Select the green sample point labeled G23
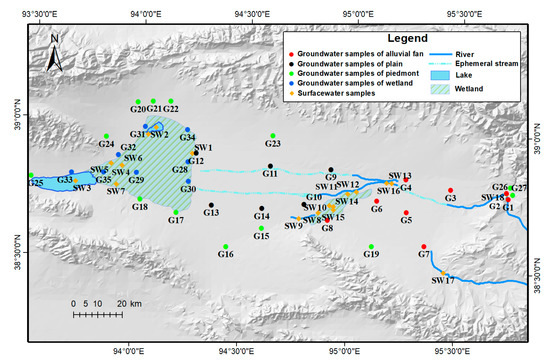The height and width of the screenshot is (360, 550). point(271,136)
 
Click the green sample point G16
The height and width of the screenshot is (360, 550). point(225,246)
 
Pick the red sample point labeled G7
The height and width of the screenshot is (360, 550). point(424,246)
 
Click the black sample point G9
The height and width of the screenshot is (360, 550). point(330,169)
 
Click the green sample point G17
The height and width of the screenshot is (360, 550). point(176,212)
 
